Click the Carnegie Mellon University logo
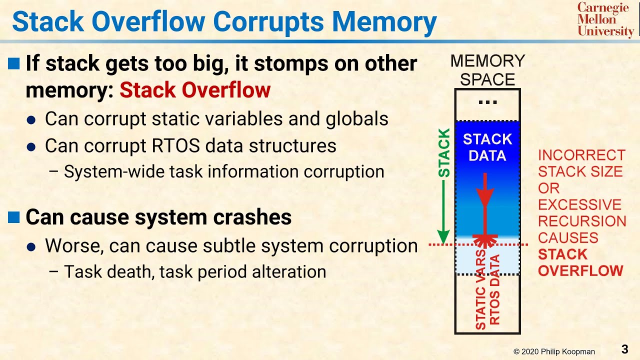(x=605, y=19)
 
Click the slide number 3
(x=624, y=348)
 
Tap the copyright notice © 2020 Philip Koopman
(x=554, y=352)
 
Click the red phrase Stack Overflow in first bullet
(x=195, y=90)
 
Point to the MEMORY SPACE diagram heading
(x=487, y=70)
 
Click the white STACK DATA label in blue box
(x=487, y=147)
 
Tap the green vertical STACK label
(x=444, y=153)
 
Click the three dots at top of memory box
(x=487, y=103)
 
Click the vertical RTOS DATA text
(x=494, y=290)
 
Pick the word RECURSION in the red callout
(x=582, y=221)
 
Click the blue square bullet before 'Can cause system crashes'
(x=14, y=217)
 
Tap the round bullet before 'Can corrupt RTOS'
(x=31, y=146)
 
